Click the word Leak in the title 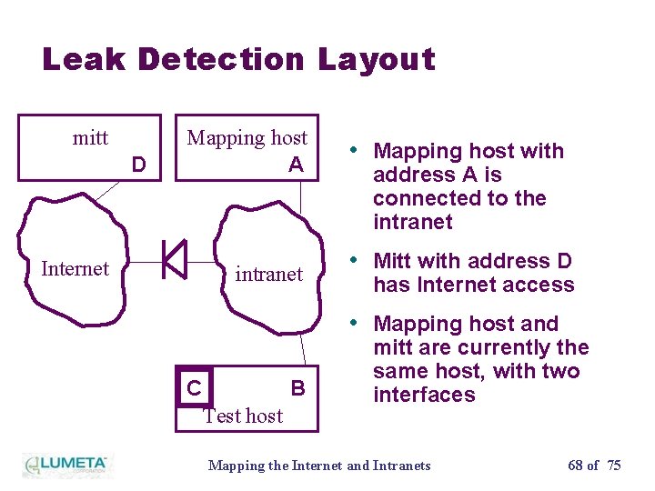[x=84, y=60]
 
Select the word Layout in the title [x=377, y=60]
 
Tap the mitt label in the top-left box [x=90, y=138]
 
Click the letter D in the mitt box [x=138, y=165]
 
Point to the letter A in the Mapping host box [x=296, y=165]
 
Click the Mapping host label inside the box [x=247, y=138]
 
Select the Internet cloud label [x=75, y=268]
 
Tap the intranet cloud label [x=268, y=274]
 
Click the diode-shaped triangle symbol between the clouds [x=174, y=260]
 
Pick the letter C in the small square [x=194, y=389]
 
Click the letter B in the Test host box [x=297, y=388]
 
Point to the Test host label [x=243, y=416]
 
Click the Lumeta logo [x=65, y=464]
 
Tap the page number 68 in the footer [x=576, y=466]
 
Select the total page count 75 [x=614, y=466]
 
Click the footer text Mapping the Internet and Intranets [x=319, y=466]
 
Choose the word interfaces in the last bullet [x=424, y=395]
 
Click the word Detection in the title [x=221, y=60]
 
